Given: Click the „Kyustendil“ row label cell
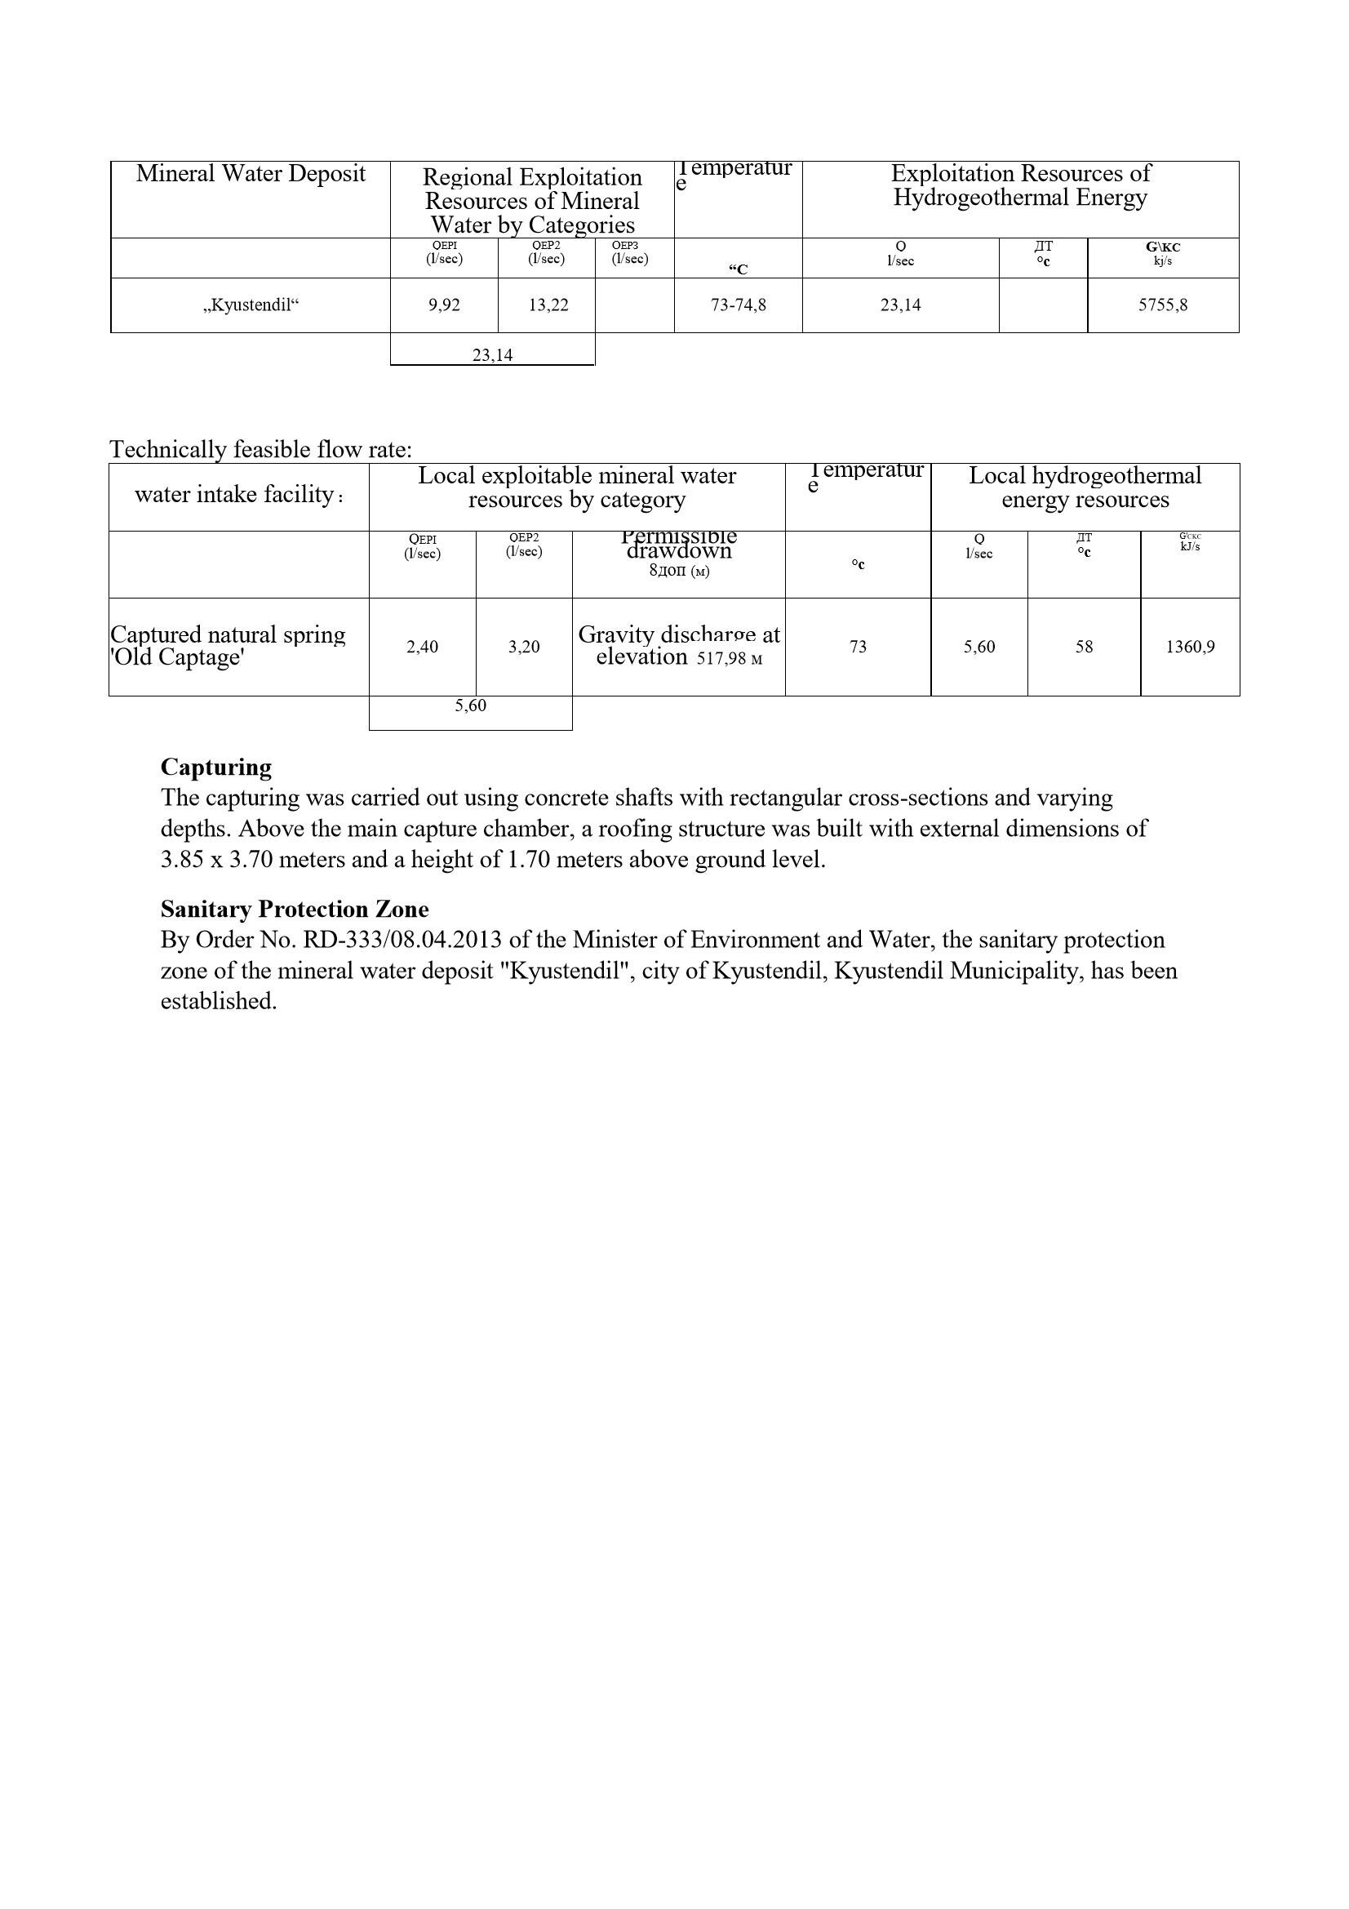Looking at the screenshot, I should (251, 305).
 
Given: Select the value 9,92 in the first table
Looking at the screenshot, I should (444, 305).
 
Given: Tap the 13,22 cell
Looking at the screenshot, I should (548, 305).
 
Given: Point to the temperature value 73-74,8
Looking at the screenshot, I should (738, 305).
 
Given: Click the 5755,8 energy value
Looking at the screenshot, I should (1162, 305).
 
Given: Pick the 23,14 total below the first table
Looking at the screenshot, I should (492, 355).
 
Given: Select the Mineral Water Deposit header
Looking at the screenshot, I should (251, 174).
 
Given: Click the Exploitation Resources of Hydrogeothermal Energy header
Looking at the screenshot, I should (1020, 185).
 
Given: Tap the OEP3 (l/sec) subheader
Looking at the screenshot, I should (629, 252).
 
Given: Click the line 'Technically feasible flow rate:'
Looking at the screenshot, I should (260, 450).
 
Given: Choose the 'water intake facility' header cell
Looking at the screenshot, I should (238, 495).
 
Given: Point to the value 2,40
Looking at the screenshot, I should (422, 647).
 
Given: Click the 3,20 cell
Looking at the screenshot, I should (524, 647).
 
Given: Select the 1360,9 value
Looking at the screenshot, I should (1189, 647).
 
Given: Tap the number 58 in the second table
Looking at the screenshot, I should (1084, 647).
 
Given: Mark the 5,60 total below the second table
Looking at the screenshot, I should (470, 706).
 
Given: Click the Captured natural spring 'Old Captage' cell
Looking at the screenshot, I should (228, 646).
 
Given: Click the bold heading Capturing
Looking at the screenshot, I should (216, 767).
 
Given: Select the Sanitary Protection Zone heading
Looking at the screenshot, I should (295, 909).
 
